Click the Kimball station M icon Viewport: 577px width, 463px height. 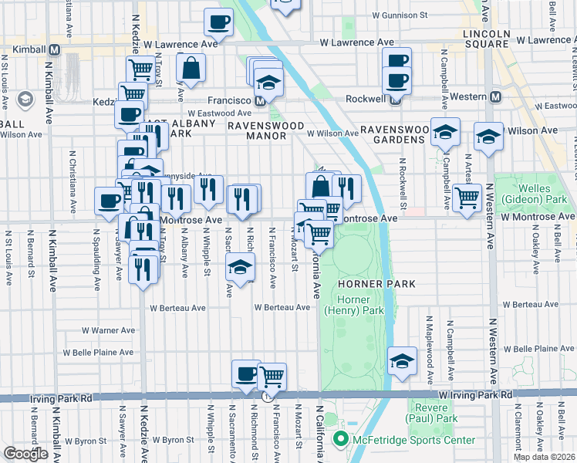[x=54, y=49]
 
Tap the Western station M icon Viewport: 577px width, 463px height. [x=495, y=96]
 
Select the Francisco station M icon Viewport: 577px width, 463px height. [x=261, y=100]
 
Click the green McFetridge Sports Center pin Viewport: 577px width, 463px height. [x=339, y=440]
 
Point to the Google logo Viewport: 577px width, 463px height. [x=25, y=454]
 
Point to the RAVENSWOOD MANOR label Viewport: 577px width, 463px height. [x=257, y=129]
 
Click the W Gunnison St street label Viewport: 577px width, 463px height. [x=399, y=15]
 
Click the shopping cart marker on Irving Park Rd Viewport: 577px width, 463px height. [x=272, y=377]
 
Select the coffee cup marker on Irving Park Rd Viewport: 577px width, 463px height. [x=246, y=373]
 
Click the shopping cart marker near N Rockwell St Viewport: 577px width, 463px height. [x=467, y=197]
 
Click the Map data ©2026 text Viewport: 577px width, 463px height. [x=544, y=457]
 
